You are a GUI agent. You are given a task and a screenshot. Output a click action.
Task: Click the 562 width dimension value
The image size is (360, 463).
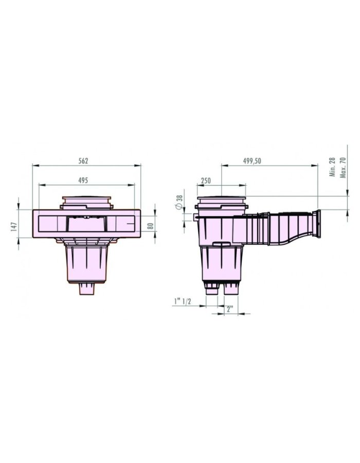[x=83, y=161]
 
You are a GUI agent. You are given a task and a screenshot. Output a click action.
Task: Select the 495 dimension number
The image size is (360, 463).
[x=83, y=180]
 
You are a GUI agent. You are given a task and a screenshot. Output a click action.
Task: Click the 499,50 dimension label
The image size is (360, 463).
[x=253, y=161]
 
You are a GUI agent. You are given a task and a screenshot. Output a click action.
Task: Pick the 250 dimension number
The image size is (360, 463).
[x=206, y=180]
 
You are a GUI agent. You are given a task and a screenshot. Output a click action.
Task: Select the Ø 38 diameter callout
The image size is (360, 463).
[x=179, y=202]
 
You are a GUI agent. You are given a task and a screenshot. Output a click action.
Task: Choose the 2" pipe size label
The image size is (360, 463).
[x=230, y=309]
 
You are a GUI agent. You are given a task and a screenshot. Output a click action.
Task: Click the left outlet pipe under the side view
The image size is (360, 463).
[x=211, y=290]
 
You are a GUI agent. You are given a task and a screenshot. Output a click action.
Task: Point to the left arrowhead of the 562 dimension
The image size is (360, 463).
[x=34, y=166]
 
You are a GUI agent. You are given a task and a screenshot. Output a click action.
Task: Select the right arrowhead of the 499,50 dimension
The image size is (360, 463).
[x=315, y=166]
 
